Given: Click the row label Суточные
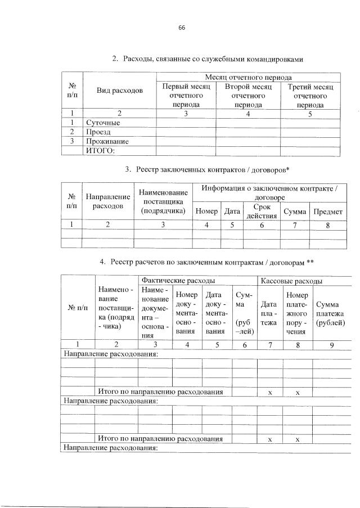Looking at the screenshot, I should click(103, 123).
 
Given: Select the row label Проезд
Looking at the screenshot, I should click(99, 132).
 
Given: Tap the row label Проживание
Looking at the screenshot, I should click(107, 141).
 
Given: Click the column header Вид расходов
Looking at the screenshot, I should click(119, 91).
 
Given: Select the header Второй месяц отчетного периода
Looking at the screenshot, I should click(249, 96).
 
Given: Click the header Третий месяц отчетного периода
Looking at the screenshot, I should click(310, 96).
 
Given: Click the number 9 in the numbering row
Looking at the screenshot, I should click(332, 345).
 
